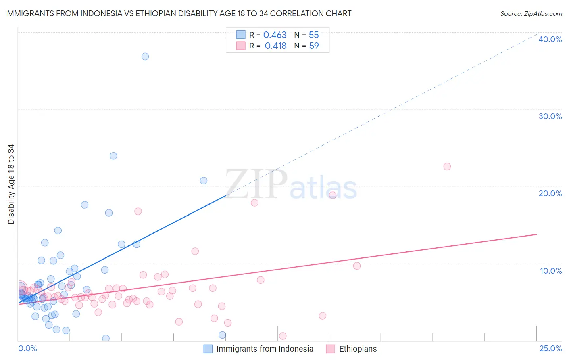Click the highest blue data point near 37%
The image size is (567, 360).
[x=145, y=57]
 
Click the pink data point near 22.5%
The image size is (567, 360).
[x=447, y=166]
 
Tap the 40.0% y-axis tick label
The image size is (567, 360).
[x=550, y=39]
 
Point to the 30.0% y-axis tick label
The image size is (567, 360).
[x=550, y=116]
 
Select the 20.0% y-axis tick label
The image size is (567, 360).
[x=550, y=193]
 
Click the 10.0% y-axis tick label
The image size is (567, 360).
[x=551, y=271]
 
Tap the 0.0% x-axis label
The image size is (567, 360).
[x=27, y=349]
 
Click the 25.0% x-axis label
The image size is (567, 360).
[x=550, y=349]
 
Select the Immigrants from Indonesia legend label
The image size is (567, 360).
[x=265, y=349]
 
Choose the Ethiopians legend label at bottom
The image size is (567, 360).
[x=358, y=349]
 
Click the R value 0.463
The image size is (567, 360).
[x=275, y=35]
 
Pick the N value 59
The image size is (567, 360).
[x=314, y=46]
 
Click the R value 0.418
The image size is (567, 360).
[x=275, y=46]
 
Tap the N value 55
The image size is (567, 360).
[x=314, y=35]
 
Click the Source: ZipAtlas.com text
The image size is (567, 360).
[x=531, y=14]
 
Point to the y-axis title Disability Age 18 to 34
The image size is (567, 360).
[x=11, y=184]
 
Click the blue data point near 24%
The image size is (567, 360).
[x=113, y=156]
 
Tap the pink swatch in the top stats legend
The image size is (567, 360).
[x=241, y=46]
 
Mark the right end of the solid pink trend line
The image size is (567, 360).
[x=537, y=234]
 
